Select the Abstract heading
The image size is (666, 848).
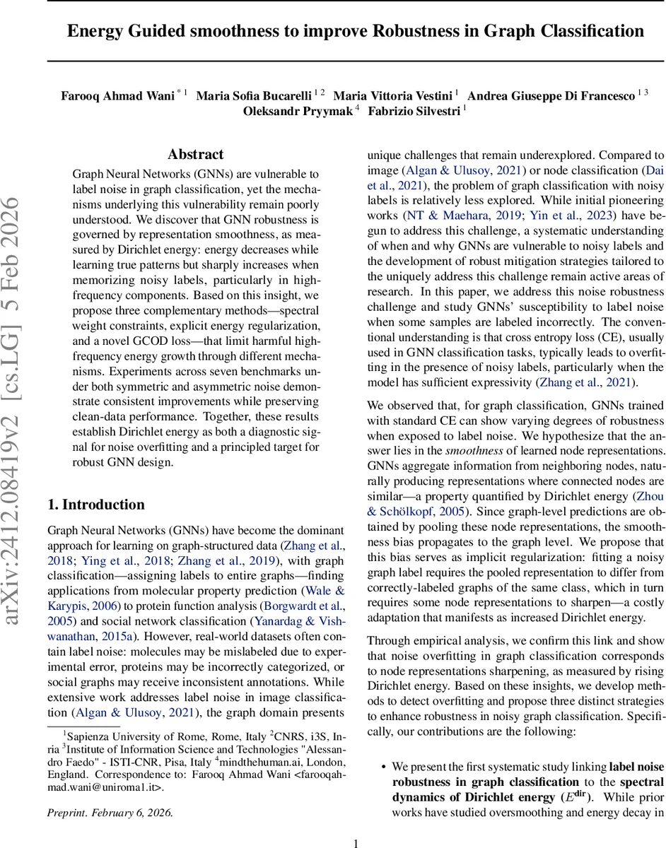(x=195, y=154)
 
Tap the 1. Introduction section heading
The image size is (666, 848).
(x=95, y=504)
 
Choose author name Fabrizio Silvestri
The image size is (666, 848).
(x=410, y=111)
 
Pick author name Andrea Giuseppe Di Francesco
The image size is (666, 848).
(x=551, y=95)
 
